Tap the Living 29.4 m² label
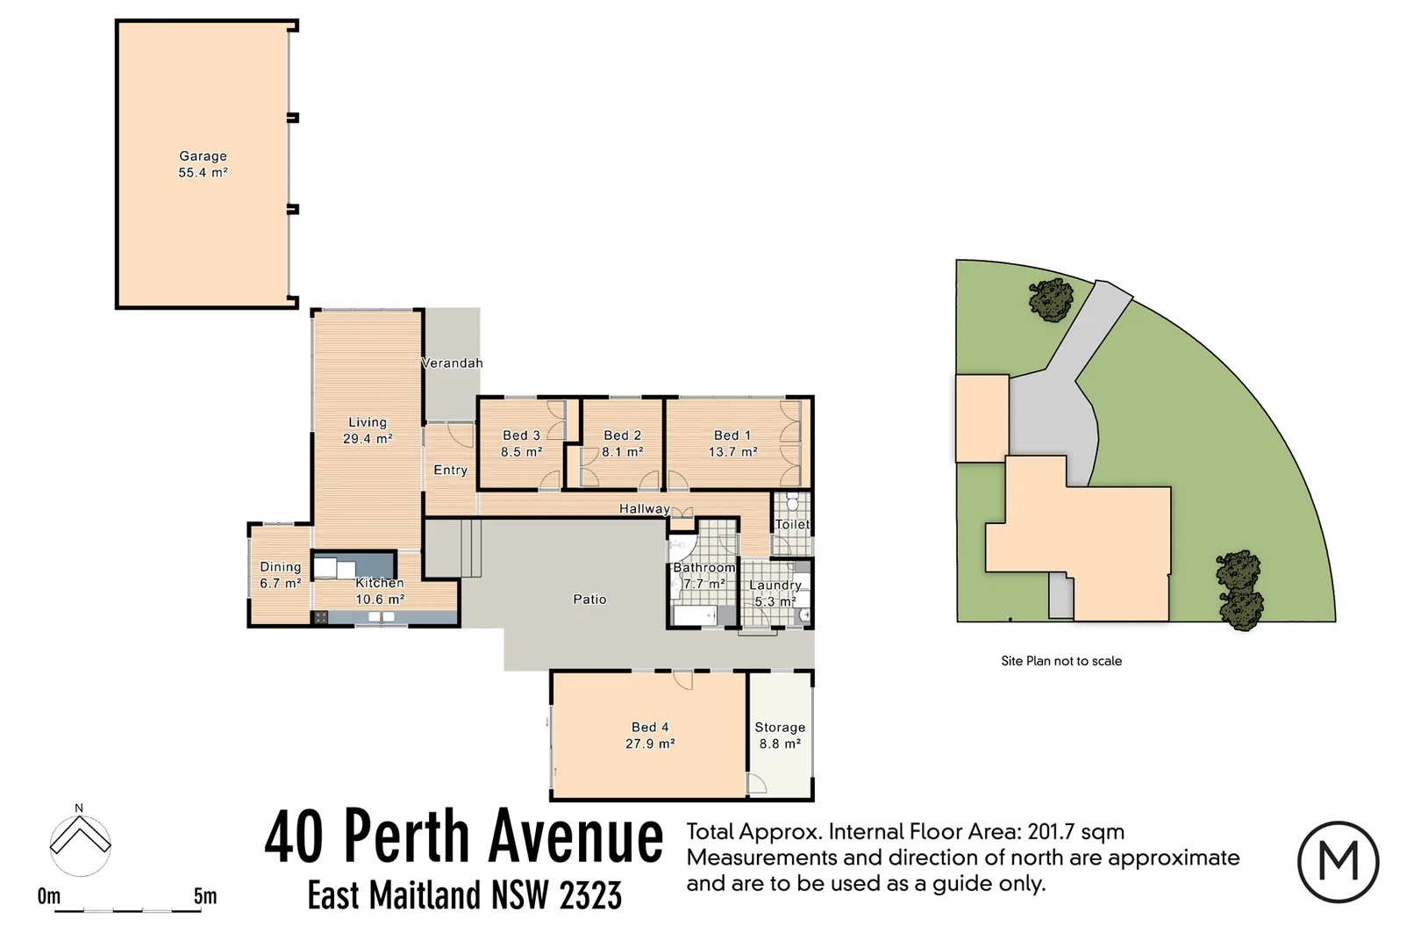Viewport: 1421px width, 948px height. pos(367,430)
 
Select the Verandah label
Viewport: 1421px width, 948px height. pos(452,363)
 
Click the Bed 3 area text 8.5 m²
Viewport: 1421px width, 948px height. pos(521,452)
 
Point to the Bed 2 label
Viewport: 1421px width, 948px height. pos(622,435)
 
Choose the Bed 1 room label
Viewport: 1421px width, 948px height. pos(732,435)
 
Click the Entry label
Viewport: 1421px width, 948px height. pos(450,470)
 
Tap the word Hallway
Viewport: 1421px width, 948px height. pos(644,509)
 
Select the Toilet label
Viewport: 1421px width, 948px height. pos(792,524)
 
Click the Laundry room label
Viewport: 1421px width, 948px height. pos(775,585)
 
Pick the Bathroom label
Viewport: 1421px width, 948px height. pos(703,568)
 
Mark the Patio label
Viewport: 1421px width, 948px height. pos(589,600)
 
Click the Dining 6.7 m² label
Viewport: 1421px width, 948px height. pos(280,575)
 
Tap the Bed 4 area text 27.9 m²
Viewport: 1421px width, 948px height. pos(650,743)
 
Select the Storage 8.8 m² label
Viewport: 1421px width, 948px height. pos(780,736)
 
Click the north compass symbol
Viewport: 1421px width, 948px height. pos(80,844)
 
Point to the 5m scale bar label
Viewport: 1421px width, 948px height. pos(205,896)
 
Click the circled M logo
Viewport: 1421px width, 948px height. pos(1338,862)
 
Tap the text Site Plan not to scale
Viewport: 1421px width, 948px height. pos(1061,661)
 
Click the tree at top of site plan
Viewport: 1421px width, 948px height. pos(1050,300)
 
